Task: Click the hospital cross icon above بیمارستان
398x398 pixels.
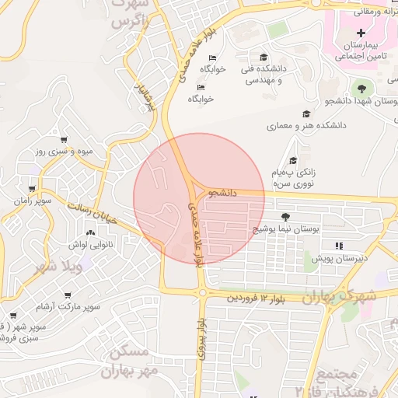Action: pos(362,33)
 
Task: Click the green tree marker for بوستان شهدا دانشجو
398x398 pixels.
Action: pos(359,86)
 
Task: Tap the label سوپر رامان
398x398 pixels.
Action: pos(30,201)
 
